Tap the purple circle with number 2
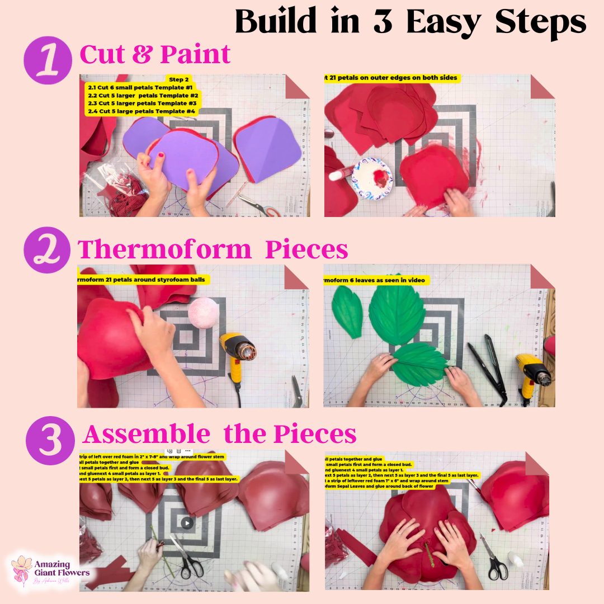pos(48,250)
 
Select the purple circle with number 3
pos(50,437)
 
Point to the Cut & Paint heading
pos(155,54)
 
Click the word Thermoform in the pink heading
pos(164,249)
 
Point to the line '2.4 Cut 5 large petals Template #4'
pos(141,111)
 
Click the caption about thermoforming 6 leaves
pos(376,280)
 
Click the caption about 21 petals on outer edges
pos(391,78)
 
